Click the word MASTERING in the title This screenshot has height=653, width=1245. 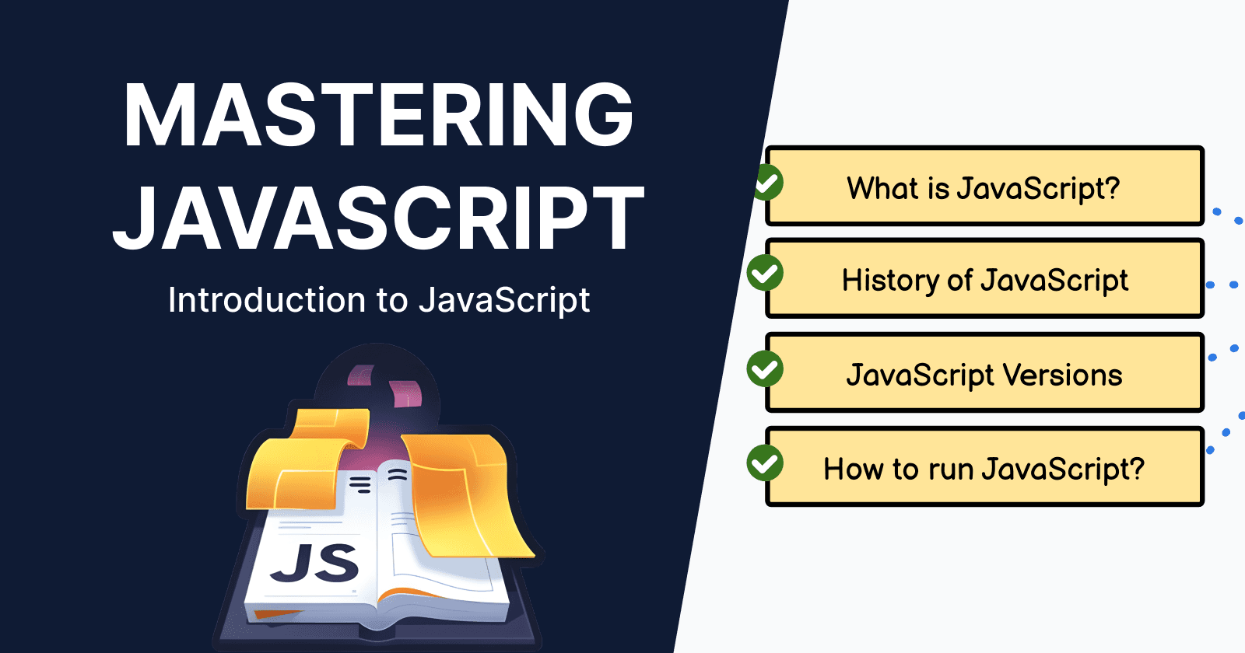click(x=378, y=115)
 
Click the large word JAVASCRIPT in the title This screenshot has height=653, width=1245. click(x=378, y=218)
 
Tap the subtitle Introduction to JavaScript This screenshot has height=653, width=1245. click(x=379, y=300)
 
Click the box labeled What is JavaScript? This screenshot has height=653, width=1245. click(x=984, y=187)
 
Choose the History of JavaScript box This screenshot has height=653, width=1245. click(x=984, y=279)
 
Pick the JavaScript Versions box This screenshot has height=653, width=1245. click(x=984, y=373)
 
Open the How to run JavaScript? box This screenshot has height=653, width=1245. click(x=984, y=467)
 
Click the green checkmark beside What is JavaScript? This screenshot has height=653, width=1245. click(x=767, y=183)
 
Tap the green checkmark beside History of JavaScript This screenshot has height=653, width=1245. click(x=765, y=273)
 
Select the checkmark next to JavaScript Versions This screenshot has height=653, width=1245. click(x=765, y=368)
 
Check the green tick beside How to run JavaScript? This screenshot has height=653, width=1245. click(x=765, y=463)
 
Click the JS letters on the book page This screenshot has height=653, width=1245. click(x=314, y=563)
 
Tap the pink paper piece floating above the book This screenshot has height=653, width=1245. click(x=405, y=393)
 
